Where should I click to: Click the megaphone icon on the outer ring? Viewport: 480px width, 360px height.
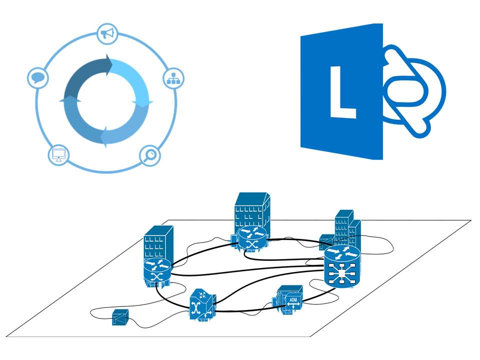[106, 34]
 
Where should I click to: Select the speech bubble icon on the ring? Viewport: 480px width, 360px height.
[36, 78]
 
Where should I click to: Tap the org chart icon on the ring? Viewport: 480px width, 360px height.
[174, 77]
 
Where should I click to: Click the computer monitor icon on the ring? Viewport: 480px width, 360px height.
[58, 154]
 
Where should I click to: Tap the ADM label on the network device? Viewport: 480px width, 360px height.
[292, 300]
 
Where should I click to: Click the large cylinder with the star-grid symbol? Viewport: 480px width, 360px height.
[341, 268]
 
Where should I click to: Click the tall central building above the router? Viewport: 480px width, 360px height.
[252, 210]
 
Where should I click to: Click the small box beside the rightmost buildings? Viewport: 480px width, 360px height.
[325, 239]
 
